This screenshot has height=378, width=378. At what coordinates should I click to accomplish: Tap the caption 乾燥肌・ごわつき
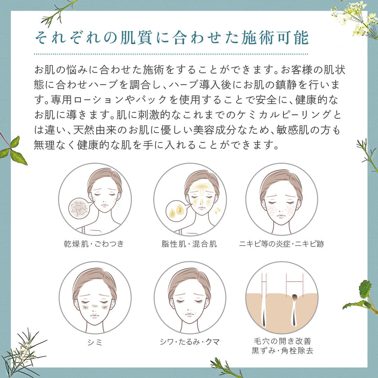(x=94, y=243)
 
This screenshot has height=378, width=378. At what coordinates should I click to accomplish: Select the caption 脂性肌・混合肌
(x=189, y=243)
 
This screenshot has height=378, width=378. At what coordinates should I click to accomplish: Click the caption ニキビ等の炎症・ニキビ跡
(x=282, y=243)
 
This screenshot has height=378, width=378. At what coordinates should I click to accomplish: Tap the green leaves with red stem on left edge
(x=13, y=149)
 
